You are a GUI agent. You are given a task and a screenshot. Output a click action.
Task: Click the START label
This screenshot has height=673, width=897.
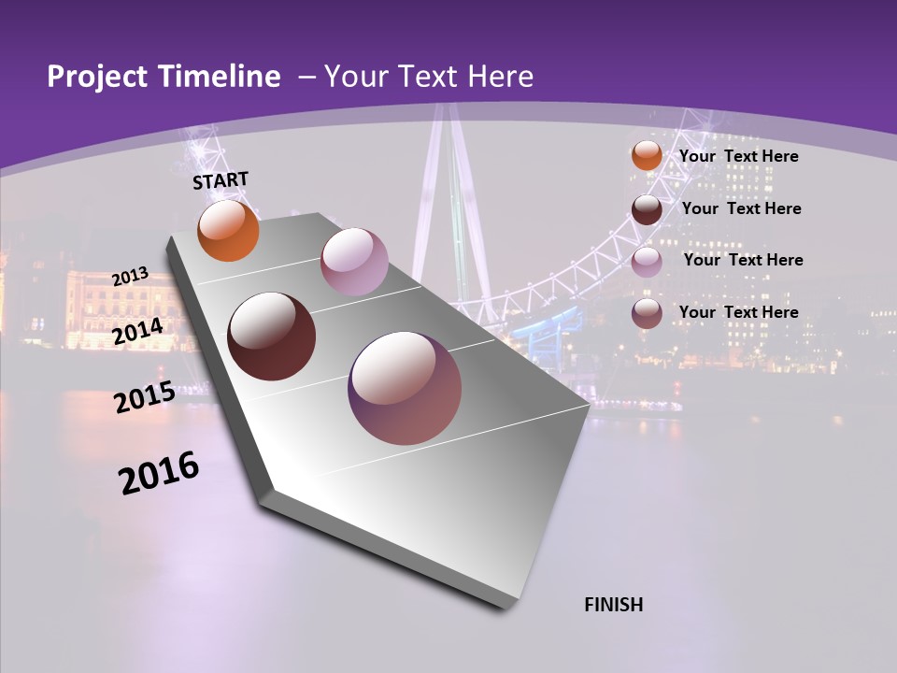coord(221,180)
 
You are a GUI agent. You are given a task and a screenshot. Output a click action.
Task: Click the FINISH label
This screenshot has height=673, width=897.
coord(613,605)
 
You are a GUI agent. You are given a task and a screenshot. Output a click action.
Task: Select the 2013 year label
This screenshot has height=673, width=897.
coord(131,277)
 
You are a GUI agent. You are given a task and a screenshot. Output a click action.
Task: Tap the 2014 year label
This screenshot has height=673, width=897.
coord(138,332)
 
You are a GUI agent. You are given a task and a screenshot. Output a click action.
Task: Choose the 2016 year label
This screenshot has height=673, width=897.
coord(159,473)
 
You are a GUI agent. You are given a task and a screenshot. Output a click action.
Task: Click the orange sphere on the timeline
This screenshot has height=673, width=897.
coord(228,231)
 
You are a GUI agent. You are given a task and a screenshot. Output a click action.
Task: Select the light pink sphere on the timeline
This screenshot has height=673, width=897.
coord(354,262)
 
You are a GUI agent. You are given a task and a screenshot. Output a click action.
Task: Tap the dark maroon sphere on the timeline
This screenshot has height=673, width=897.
coord(272,336)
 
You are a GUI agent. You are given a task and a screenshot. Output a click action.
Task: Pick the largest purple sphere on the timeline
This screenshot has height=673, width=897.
coord(405,388)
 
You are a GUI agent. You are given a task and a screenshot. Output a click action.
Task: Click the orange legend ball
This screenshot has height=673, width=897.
coord(647,156)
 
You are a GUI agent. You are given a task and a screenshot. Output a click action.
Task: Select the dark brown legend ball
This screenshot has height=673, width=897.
coord(647,209)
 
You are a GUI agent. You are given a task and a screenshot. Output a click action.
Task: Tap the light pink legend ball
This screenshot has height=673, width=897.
coord(647,262)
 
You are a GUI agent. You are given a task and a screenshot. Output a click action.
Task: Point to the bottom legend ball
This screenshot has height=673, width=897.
coord(647,313)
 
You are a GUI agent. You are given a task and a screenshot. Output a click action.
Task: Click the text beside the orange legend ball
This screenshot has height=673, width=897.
coord(738,156)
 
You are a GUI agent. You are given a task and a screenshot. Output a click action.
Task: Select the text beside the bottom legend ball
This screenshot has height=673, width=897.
coord(738,312)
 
